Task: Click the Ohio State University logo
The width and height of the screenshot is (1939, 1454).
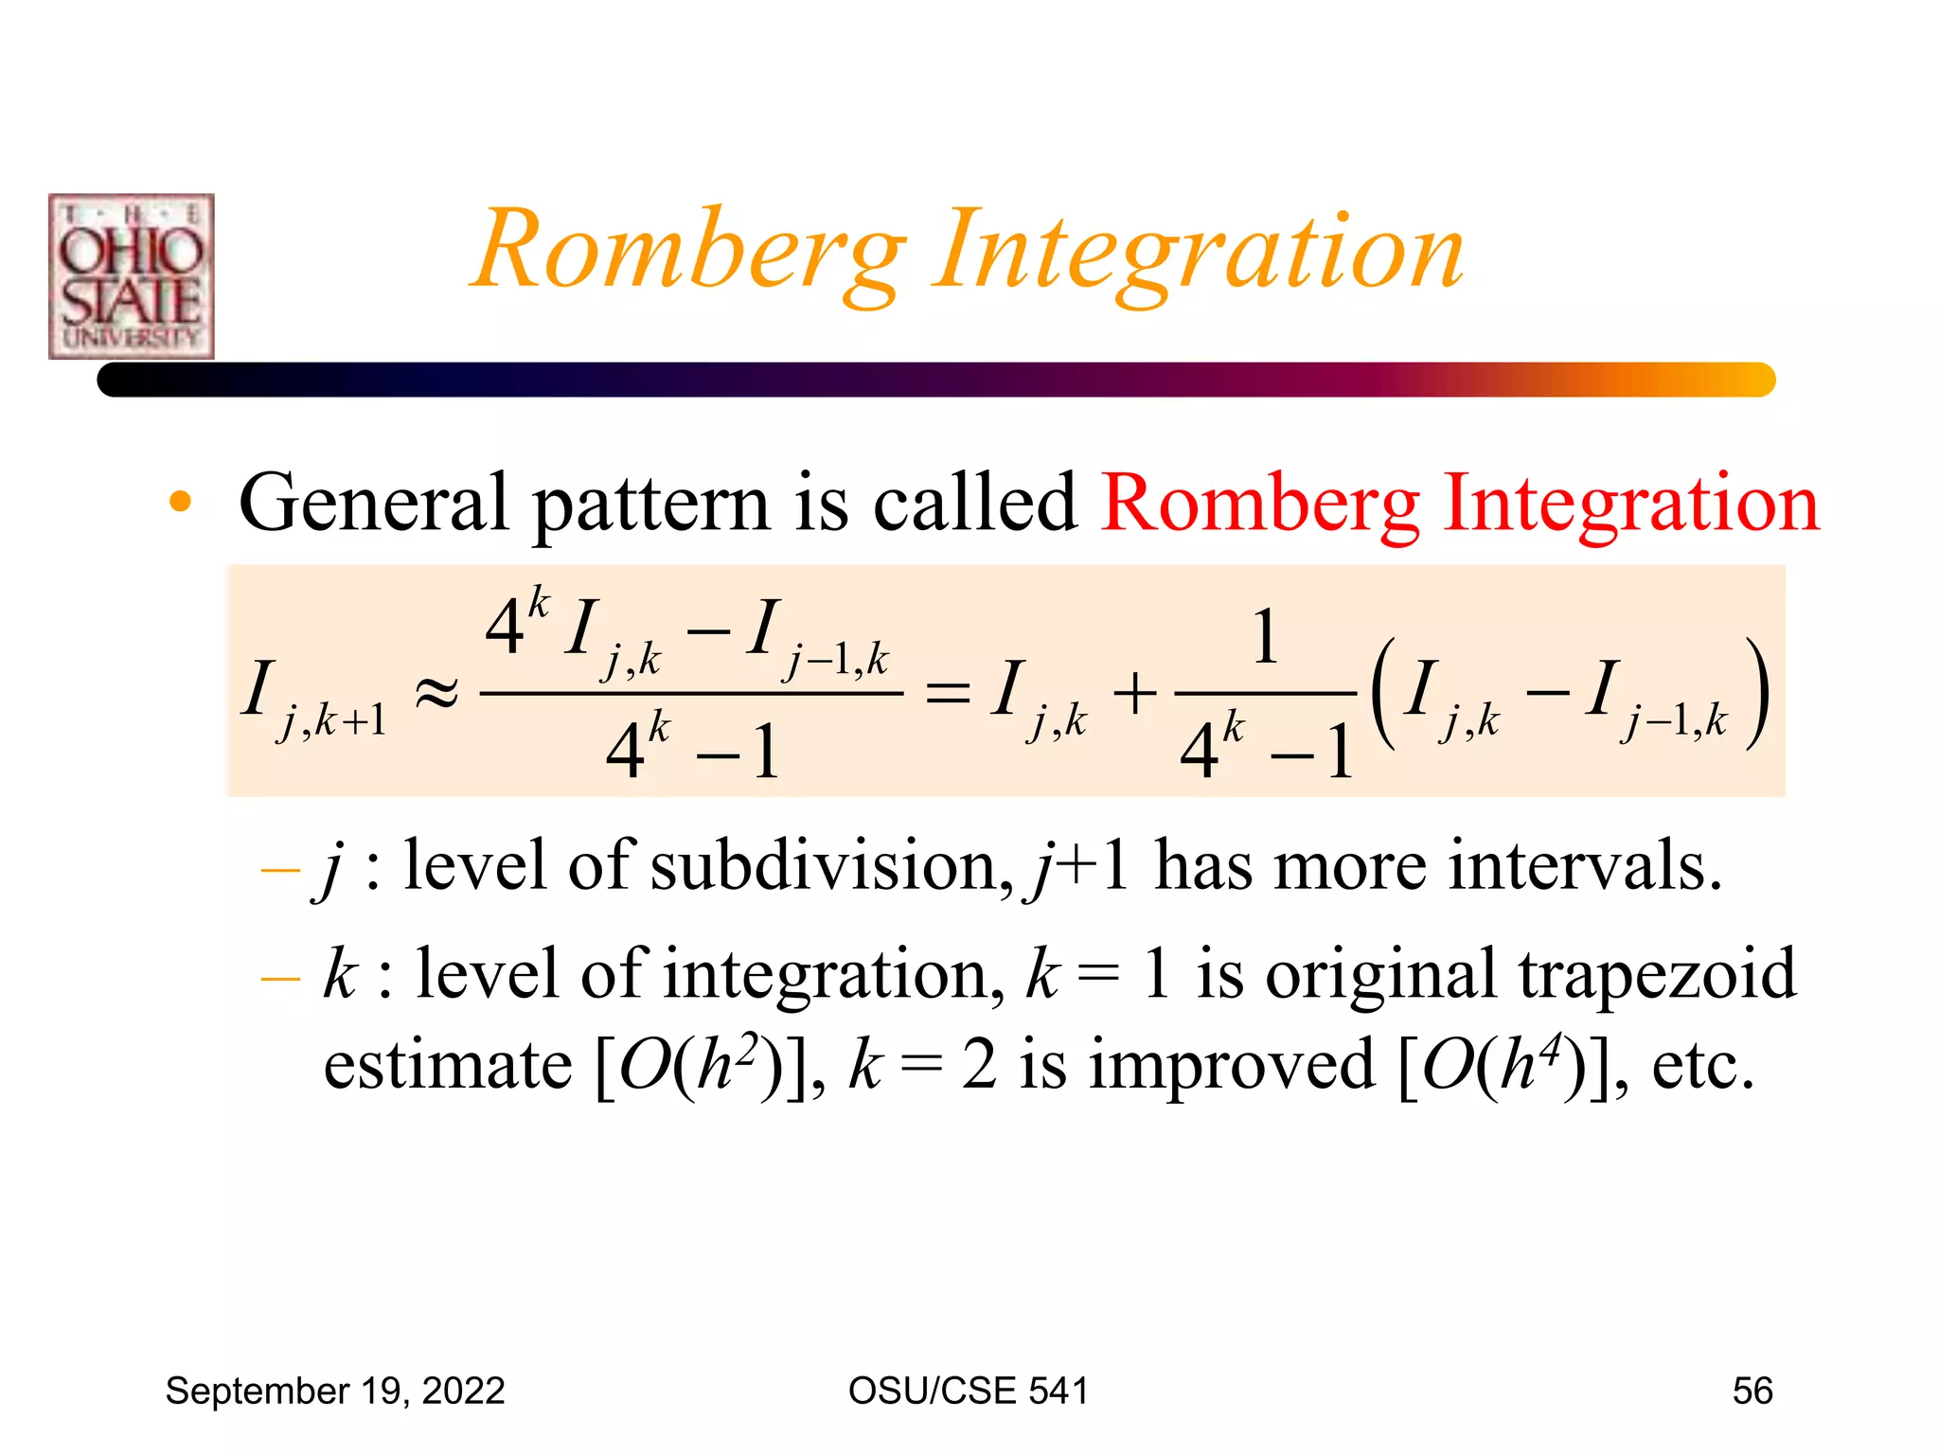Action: (132, 276)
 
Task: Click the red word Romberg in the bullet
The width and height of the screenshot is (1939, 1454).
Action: (1260, 503)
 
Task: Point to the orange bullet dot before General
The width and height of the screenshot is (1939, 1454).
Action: (180, 502)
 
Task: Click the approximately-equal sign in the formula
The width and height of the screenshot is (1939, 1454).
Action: (436, 694)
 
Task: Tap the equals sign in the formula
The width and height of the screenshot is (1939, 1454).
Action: (947, 694)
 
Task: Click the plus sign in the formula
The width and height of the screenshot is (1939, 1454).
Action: (1134, 694)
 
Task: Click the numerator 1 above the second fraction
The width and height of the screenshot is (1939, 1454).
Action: (1266, 637)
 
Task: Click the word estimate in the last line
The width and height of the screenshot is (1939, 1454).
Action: (447, 1065)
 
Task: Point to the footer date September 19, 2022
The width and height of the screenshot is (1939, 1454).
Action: (335, 1391)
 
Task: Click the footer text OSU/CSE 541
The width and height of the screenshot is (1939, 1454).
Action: (968, 1391)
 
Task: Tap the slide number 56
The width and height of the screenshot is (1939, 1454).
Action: (1752, 1391)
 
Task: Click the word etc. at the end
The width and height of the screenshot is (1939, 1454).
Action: (1702, 1065)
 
